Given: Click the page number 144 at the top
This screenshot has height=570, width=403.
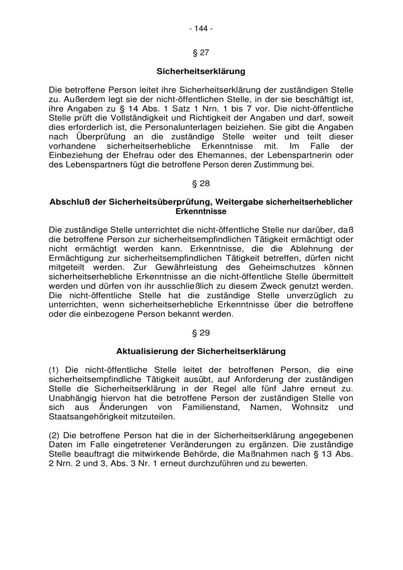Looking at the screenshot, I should pos(201,29).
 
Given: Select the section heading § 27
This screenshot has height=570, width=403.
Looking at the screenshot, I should pos(201,53).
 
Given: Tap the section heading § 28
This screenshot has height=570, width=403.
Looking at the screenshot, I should pos(201,184).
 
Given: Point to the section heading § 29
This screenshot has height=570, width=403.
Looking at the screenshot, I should pos(201,333).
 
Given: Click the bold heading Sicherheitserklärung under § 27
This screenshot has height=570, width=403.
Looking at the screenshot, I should pos(201,71).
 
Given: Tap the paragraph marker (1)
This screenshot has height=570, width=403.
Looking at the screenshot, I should pos(54,370).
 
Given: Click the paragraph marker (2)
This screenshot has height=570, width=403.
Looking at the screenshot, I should pos(54,435).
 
